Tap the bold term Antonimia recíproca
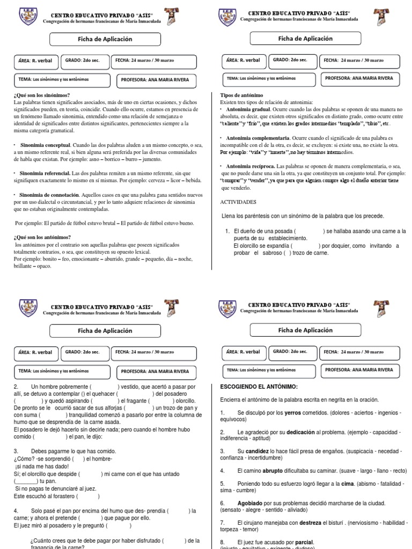click(249, 166)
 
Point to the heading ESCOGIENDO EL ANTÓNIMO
click(259, 387)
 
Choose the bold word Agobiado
click(251, 503)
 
